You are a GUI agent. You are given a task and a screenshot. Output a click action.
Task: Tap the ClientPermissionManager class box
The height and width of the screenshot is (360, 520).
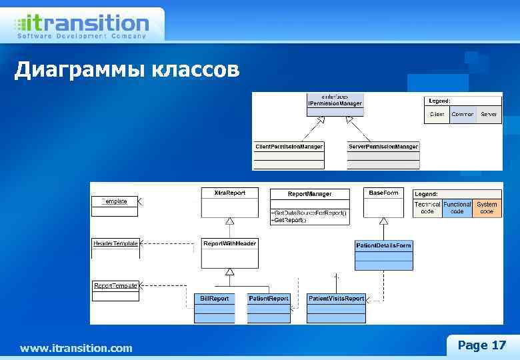tap(289, 154)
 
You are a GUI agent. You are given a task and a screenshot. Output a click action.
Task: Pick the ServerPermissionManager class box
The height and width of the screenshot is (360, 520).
tap(383, 154)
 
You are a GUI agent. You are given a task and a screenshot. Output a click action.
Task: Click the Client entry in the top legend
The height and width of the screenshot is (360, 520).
tap(437, 114)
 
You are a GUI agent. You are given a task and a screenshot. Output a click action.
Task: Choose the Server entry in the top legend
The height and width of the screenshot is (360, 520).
tap(489, 114)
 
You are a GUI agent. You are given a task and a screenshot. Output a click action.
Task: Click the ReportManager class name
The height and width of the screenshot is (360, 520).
tap(309, 194)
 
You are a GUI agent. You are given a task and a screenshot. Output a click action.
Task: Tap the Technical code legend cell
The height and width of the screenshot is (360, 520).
tap(427, 208)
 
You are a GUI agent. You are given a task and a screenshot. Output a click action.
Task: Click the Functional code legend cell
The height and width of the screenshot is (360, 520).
tap(457, 208)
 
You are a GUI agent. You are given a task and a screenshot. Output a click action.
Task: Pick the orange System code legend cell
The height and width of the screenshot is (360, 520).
tap(487, 208)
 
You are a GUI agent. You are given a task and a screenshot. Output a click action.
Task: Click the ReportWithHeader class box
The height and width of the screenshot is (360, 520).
tap(229, 252)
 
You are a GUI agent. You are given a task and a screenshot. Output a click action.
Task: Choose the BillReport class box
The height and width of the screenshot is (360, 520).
tap(215, 307)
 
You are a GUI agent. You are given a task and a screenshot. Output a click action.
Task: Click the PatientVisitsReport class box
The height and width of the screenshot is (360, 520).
tap(336, 307)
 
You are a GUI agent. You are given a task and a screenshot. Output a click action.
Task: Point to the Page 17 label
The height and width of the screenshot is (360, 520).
tap(481, 345)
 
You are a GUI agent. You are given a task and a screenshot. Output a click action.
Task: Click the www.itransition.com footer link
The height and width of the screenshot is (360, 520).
tap(76, 348)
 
